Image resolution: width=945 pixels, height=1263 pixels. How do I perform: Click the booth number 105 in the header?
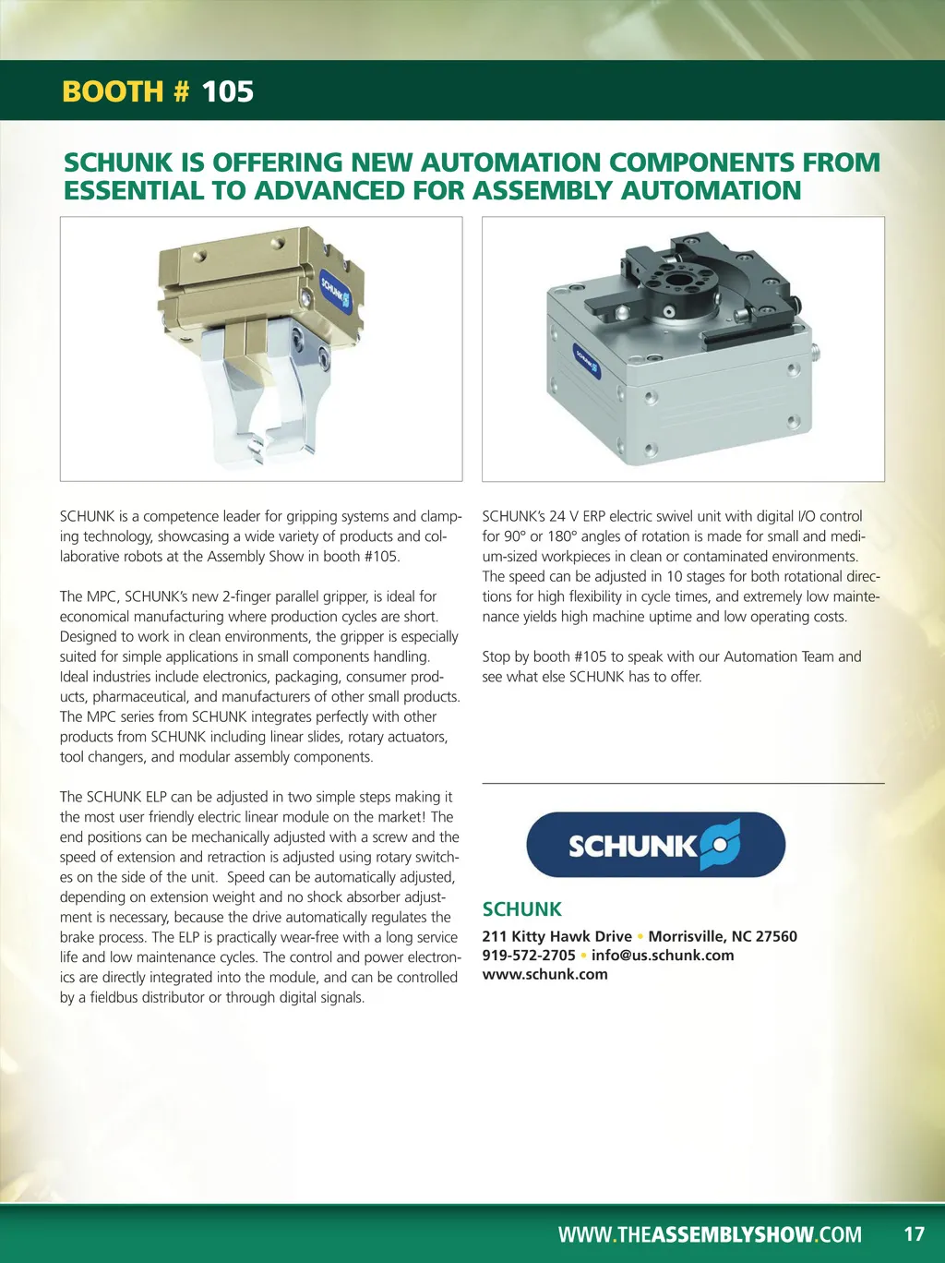tap(228, 91)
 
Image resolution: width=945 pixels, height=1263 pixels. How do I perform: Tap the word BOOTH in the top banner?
tap(113, 91)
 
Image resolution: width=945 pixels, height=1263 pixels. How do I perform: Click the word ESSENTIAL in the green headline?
tap(134, 190)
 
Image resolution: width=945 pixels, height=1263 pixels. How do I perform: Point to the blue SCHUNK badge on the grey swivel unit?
tap(587, 361)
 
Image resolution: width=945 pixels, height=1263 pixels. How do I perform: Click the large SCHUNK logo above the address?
tap(656, 845)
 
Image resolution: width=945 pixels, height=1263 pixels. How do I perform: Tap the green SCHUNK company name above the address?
tap(521, 909)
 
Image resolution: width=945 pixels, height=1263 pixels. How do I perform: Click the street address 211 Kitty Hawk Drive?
tap(556, 936)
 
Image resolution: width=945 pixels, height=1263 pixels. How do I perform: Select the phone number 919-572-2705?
tap(529, 956)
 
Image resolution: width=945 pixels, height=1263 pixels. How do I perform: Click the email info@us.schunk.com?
tap(663, 956)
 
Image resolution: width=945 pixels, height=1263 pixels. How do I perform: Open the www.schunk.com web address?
tap(544, 974)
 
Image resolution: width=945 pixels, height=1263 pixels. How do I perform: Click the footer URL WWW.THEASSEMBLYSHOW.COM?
tap(710, 1234)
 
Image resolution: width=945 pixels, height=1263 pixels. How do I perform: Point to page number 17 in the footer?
tap(914, 1234)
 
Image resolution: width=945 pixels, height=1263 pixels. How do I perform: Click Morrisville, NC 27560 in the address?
tap(723, 936)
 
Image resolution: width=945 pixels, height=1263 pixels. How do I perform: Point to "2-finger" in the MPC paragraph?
tap(248, 596)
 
